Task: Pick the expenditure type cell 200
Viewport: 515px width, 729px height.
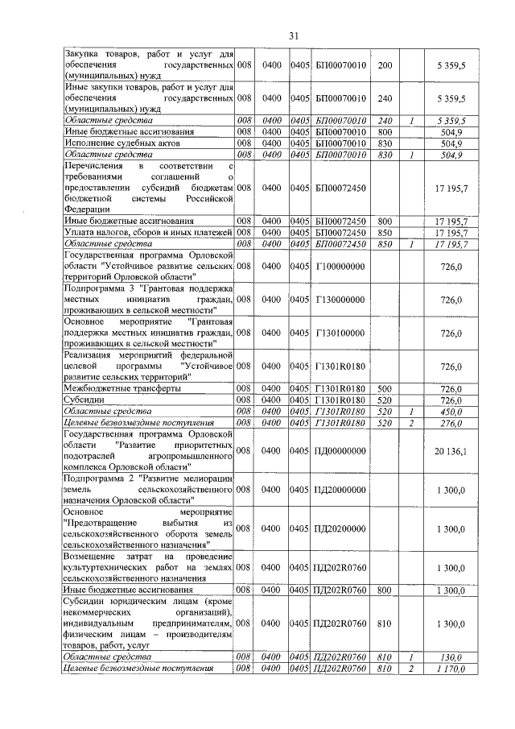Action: click(385, 64)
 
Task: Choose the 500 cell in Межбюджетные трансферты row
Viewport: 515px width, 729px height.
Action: click(385, 388)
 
